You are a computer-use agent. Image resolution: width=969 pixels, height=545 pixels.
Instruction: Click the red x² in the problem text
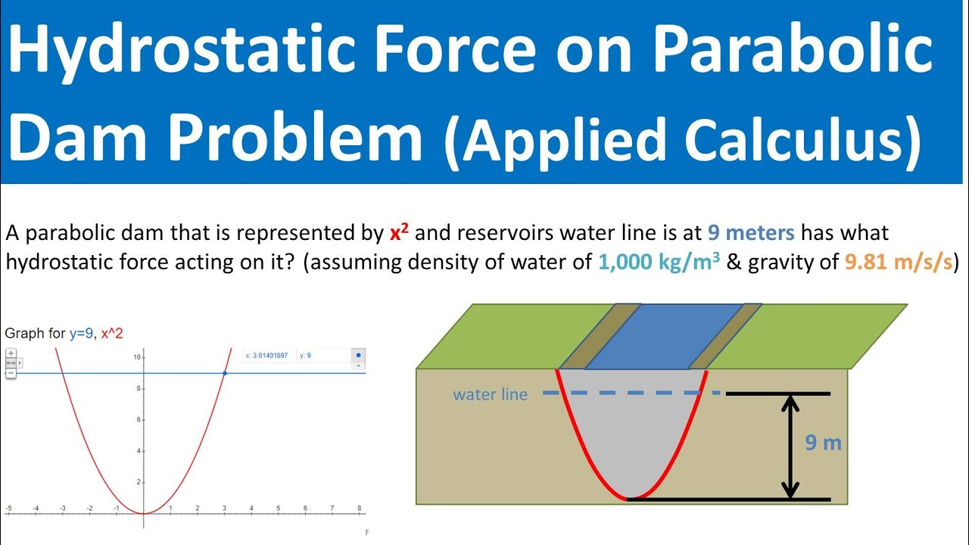(x=399, y=233)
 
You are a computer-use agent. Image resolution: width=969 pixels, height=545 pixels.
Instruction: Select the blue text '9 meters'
(x=751, y=232)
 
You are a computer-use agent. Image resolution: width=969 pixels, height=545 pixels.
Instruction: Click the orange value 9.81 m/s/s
(x=894, y=263)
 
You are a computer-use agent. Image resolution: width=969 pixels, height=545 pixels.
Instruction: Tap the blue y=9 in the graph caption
(x=81, y=333)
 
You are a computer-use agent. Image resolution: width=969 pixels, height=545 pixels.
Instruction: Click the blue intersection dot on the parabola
(x=225, y=372)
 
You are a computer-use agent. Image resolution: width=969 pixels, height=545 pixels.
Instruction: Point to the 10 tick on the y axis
(x=136, y=356)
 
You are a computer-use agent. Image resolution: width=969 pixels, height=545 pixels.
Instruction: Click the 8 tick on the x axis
(x=359, y=508)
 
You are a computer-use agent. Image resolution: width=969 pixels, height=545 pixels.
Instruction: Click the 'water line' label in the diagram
(x=490, y=394)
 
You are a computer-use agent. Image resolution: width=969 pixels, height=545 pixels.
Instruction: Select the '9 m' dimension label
(x=823, y=443)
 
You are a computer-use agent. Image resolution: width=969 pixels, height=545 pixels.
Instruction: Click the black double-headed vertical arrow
(x=790, y=447)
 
